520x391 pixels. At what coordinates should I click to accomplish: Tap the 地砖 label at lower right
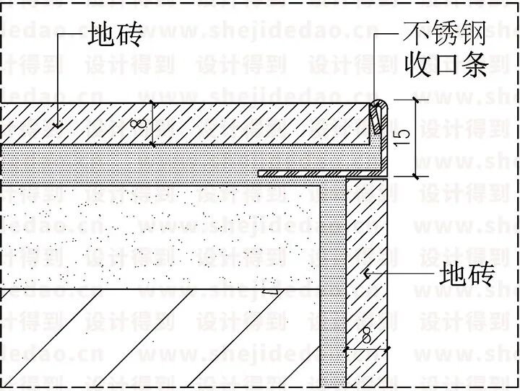[x=466, y=275]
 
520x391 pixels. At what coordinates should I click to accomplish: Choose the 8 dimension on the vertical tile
[x=366, y=336]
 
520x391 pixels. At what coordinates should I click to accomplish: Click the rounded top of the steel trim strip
[x=378, y=105]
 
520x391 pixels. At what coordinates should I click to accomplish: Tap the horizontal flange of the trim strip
[x=303, y=173]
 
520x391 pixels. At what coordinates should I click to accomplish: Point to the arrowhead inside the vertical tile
[x=366, y=274]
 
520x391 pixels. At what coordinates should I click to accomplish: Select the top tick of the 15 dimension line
[x=415, y=100]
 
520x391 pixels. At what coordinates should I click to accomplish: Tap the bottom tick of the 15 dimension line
[x=415, y=175]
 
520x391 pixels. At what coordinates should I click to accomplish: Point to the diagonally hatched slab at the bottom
[x=144, y=339]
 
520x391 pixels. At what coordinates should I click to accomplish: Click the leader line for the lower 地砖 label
[x=404, y=274]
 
